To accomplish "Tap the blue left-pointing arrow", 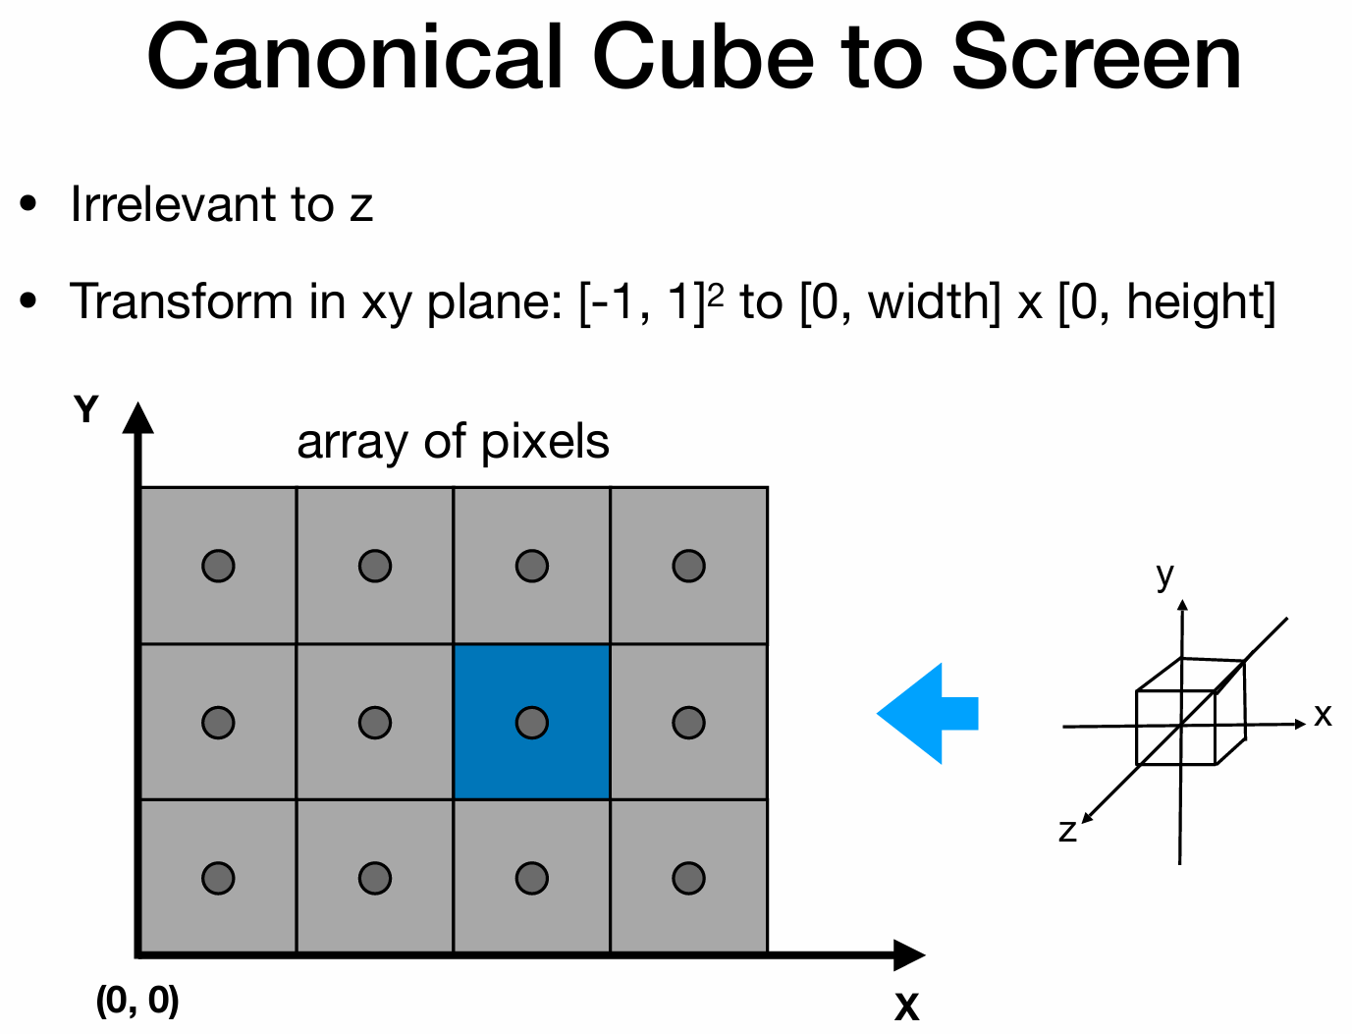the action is (x=927, y=714).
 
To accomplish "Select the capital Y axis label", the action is (x=86, y=408).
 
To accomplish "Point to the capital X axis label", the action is (x=906, y=1007).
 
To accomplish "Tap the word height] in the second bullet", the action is (x=1201, y=301).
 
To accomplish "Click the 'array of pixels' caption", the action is (x=453, y=442).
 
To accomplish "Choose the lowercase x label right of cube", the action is (x=1324, y=715).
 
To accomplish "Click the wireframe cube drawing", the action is (x=1191, y=712).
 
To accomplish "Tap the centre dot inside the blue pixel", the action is (x=531, y=723).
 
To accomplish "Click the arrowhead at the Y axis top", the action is (x=138, y=416).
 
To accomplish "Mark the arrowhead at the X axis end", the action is (x=909, y=954).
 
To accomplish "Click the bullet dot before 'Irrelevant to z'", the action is (x=28, y=204).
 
